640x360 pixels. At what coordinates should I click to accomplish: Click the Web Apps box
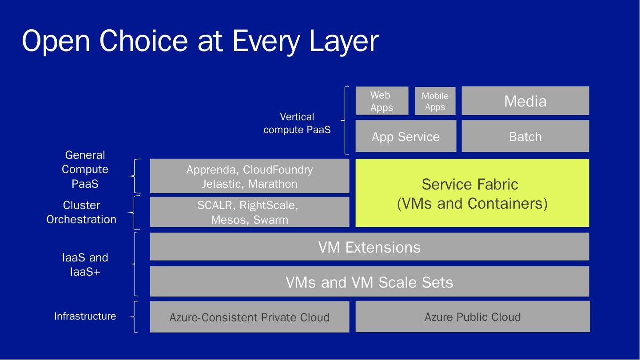point(382,101)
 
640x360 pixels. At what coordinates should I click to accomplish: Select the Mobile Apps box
point(435,101)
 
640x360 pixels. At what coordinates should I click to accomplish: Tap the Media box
point(525,101)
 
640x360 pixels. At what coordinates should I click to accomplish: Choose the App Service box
point(406,136)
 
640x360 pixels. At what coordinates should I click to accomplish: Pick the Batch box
point(525,136)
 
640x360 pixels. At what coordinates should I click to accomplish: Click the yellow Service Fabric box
point(472,193)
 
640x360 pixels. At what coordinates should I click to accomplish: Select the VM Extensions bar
point(370,247)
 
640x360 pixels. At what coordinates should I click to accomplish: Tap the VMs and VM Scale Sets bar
point(370,282)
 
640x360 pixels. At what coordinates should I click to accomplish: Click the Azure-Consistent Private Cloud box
point(250,317)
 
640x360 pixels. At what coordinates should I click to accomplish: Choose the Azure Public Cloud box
point(473,316)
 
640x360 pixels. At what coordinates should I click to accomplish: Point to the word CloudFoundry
point(278,170)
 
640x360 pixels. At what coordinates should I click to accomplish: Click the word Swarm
point(270,220)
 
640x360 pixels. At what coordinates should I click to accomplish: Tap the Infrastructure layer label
point(85,316)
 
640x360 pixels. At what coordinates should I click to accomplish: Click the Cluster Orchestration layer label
point(81,212)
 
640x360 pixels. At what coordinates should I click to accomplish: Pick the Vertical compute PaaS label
point(297,123)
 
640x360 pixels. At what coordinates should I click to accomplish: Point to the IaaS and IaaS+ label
point(85,264)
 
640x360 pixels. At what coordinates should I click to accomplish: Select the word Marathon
point(273,184)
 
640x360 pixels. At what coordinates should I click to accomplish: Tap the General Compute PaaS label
point(85,169)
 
